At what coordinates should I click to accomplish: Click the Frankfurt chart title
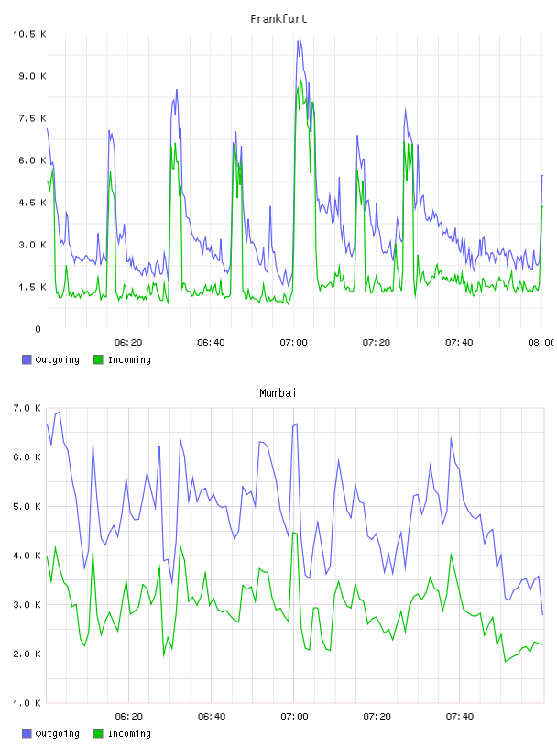point(278,19)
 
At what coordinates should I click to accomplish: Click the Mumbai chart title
point(278,393)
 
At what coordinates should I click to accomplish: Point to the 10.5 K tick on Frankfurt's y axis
point(29,34)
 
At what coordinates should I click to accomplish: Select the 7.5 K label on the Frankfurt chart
point(32,118)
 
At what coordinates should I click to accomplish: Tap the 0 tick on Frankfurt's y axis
point(38,329)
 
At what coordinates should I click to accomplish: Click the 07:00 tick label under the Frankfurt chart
point(294,342)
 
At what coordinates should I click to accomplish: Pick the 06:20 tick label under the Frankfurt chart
point(128,342)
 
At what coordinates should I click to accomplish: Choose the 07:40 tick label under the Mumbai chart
point(459,716)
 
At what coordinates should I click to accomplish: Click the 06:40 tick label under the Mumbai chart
point(212,716)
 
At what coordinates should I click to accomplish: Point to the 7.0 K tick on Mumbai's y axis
point(27,408)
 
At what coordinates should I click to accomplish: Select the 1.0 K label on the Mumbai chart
point(27,703)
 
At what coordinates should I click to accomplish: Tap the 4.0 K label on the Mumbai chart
point(27,555)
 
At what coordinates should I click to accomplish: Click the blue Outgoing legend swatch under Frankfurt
point(27,359)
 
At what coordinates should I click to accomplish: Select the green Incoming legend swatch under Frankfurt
point(98,359)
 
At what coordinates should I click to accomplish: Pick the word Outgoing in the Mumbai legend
point(57,733)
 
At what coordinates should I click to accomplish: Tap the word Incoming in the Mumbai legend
point(129,733)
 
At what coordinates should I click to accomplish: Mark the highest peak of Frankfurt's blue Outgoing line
point(299,41)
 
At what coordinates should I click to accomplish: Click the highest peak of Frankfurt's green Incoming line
point(300,80)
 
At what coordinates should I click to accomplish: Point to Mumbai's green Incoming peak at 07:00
point(293,532)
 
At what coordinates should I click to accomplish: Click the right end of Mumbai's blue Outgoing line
point(542,614)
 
